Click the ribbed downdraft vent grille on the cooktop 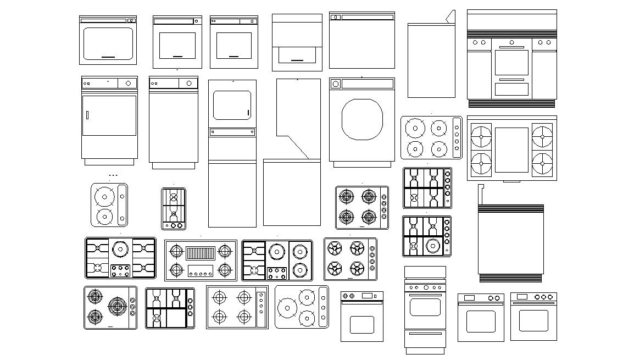tap(200, 253)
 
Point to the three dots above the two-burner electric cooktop tap(113, 175)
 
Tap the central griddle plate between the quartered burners tap(511, 147)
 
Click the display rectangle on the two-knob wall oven tap(469, 297)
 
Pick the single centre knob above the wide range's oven tap(512, 42)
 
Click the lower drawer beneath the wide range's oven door tap(512, 89)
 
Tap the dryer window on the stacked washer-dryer tap(232, 104)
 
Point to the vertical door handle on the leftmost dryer tap(86, 114)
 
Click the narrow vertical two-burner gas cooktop tap(174, 209)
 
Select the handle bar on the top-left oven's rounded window tap(108, 57)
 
